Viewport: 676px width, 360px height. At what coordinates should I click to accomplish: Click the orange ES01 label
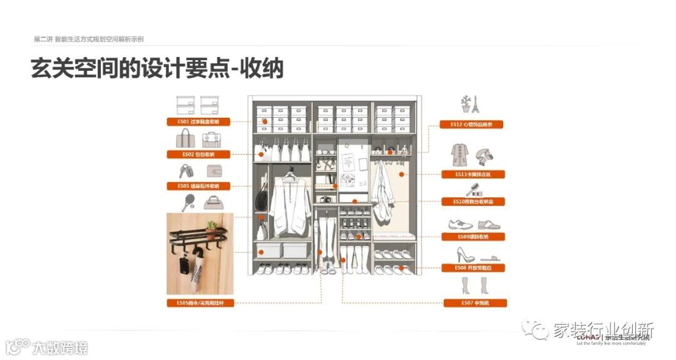tap(198, 121)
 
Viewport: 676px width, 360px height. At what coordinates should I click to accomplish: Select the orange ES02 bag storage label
tap(198, 154)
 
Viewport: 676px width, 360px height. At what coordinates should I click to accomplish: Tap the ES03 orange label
tap(198, 186)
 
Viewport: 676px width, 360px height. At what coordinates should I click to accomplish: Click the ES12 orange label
tap(472, 125)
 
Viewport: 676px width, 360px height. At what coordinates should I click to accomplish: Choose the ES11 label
tap(472, 174)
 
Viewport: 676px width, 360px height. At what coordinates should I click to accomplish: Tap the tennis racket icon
tap(188, 202)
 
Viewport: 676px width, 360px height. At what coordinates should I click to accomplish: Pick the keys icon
tap(186, 171)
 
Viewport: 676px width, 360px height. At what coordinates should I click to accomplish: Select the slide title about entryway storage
tap(156, 68)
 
